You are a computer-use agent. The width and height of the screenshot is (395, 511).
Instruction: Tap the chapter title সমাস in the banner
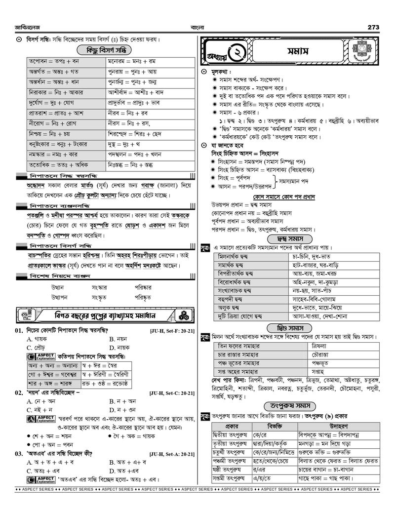298,51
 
